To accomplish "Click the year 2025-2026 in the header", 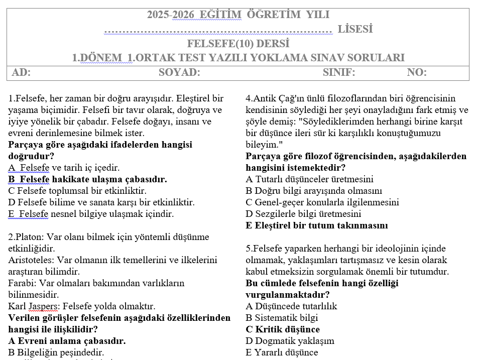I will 168,15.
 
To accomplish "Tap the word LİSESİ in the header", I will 355,29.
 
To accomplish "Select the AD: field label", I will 21,72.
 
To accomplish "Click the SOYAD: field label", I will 179,72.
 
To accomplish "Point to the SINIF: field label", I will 339,72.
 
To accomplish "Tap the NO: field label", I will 417,72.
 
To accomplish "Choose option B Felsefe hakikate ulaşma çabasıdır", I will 88,179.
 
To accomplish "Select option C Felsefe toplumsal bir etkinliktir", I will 77,191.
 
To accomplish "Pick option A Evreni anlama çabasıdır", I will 67,341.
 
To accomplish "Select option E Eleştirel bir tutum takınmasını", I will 317,225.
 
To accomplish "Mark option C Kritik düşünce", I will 283,329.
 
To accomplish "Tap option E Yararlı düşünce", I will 282,352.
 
